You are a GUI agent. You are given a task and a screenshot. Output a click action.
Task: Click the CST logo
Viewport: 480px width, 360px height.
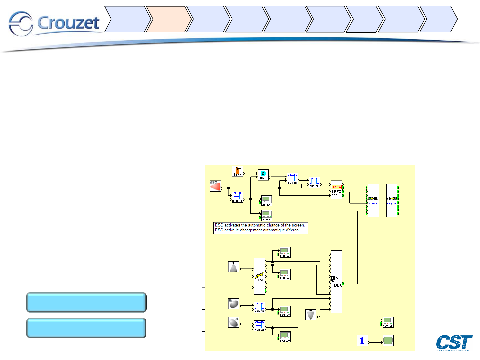click(x=454, y=343)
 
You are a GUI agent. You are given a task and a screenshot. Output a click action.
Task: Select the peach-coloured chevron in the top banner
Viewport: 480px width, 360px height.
click(x=168, y=19)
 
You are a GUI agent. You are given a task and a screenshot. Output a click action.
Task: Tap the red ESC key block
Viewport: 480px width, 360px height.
click(x=215, y=186)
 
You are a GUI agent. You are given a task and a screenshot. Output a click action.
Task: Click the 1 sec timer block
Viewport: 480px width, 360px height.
click(x=237, y=171)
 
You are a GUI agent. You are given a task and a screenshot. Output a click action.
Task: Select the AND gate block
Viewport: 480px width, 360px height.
click(x=263, y=175)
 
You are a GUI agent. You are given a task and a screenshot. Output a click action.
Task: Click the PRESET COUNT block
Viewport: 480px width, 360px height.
click(x=336, y=190)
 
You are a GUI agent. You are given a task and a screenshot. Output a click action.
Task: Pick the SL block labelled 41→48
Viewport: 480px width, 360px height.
click(x=373, y=201)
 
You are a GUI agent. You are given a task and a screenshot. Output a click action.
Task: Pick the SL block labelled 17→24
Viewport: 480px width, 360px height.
click(x=392, y=201)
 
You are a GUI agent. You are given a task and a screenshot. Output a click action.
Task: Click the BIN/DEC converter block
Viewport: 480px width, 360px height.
click(x=336, y=282)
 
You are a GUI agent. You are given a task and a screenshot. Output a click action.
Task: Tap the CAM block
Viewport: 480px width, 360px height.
click(x=260, y=276)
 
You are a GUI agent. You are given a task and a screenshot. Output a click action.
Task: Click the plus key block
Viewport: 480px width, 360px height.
click(x=234, y=267)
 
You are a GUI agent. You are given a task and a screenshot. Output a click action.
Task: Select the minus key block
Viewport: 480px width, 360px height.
click(x=311, y=315)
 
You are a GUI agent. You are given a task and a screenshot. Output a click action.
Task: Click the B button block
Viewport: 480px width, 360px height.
click(x=234, y=304)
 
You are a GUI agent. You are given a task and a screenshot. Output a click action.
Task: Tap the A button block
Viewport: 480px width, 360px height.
click(x=234, y=322)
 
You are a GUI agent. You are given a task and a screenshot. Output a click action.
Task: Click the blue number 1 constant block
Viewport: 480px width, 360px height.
click(x=362, y=340)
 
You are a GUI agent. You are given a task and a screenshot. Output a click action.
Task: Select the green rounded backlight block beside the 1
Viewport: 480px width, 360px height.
click(x=388, y=340)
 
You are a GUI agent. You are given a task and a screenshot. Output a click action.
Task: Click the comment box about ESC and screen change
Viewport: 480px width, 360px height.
click(x=260, y=228)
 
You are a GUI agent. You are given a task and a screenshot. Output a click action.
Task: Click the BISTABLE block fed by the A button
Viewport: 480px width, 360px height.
click(x=259, y=326)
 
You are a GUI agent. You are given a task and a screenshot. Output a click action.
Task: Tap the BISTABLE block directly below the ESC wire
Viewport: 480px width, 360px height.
click(x=237, y=197)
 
